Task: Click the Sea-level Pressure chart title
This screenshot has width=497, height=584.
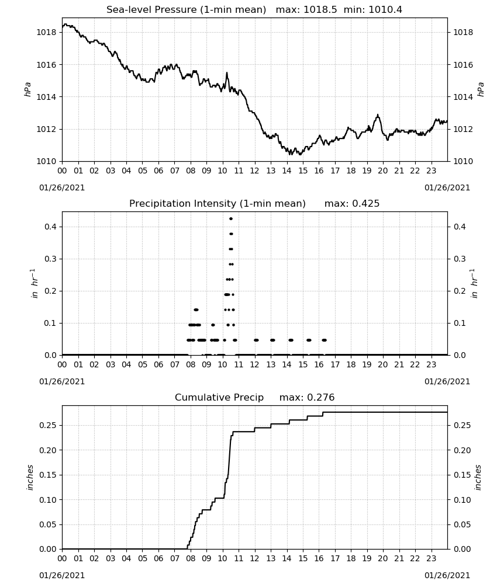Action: (186, 10)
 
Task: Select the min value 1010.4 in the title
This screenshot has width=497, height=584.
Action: (385, 10)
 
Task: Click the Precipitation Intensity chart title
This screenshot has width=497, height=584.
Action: (218, 204)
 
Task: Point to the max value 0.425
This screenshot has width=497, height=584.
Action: (365, 204)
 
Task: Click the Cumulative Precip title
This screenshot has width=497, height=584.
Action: (219, 398)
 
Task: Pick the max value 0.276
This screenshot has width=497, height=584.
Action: (320, 398)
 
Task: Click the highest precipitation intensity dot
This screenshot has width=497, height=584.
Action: (231, 219)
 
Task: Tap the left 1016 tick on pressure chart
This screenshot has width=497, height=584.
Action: (46, 65)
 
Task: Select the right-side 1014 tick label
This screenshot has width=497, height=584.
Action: (463, 97)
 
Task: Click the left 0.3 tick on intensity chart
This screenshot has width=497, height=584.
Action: (50, 259)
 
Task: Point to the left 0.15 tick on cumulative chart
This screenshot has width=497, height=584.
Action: (48, 475)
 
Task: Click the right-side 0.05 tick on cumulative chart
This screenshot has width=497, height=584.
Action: (462, 525)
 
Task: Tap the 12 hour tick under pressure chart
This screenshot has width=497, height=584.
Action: (255, 171)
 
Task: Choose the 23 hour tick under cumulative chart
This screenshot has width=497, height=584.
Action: (431, 559)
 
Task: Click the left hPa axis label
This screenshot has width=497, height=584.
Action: (27, 89)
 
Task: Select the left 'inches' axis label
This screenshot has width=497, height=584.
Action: (30, 478)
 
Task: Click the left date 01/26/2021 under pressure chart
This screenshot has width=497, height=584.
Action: (62, 187)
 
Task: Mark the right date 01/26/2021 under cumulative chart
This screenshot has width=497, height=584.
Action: (447, 575)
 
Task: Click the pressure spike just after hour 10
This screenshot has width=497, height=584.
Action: (227, 73)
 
